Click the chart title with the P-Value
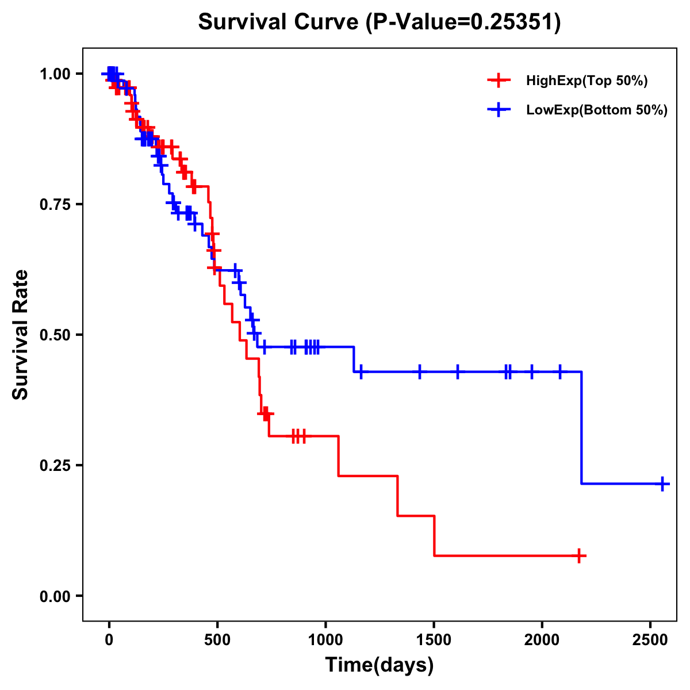pos(379,22)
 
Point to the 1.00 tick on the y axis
pos(55,74)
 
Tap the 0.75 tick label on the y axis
pos(55,205)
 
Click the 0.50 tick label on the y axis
pos(55,335)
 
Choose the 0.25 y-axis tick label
pos(55,466)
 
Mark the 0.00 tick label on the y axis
pos(55,596)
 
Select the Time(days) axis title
pos(379,665)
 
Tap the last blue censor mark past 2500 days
pos(662,484)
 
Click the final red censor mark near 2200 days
pos(580,555)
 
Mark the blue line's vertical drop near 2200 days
pos(582,428)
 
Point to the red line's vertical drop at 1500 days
pos(434,535)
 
